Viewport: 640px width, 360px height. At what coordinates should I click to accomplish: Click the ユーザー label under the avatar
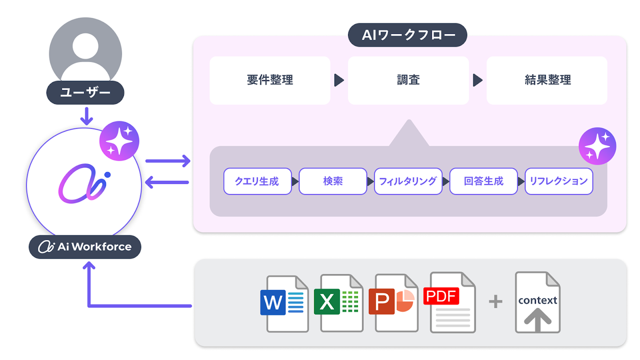click(85, 93)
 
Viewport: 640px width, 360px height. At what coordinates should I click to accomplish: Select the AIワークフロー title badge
click(407, 35)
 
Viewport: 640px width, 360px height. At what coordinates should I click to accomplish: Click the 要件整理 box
click(270, 80)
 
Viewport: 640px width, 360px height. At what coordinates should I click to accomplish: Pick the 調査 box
click(408, 80)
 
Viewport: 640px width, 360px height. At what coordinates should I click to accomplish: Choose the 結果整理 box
click(547, 80)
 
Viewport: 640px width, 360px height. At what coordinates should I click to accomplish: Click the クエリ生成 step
click(257, 181)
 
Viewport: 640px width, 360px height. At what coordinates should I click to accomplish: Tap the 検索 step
click(333, 181)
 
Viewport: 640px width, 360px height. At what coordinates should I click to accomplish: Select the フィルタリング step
click(408, 181)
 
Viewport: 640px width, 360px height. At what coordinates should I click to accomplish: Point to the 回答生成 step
click(483, 181)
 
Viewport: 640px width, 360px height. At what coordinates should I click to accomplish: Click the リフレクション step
click(559, 181)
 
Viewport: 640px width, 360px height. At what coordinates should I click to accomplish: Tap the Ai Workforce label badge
click(85, 247)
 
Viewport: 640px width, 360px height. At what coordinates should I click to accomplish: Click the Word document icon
click(284, 303)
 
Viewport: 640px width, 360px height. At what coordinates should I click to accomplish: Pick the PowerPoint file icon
click(393, 303)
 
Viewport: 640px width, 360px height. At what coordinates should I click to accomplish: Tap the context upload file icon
click(538, 303)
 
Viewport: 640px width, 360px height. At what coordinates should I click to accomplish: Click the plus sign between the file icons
click(496, 301)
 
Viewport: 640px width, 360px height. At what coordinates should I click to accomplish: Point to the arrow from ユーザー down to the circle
click(87, 116)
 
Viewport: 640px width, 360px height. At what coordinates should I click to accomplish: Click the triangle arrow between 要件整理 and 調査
click(339, 80)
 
